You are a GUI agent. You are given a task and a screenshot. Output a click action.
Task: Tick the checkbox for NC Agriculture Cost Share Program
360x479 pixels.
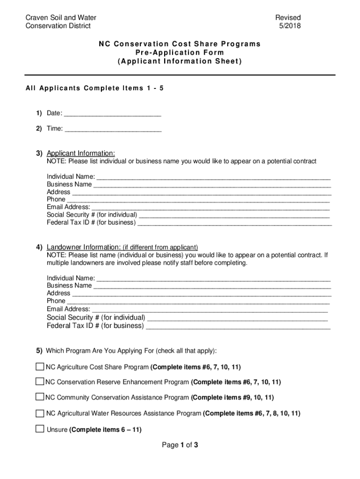(x=40, y=366)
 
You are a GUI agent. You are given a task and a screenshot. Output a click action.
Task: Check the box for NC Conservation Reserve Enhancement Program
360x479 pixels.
(x=40, y=382)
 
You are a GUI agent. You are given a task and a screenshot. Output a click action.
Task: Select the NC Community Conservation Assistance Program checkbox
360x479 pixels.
(x=40, y=397)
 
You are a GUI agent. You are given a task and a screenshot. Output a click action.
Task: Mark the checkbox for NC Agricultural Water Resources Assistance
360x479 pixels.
(x=40, y=413)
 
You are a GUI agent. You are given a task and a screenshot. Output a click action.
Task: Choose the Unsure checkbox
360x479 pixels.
(x=40, y=429)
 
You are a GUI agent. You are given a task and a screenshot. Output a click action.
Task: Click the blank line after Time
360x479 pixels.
(x=113, y=129)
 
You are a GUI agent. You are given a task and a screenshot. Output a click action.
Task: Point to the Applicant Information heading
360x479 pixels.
(x=80, y=153)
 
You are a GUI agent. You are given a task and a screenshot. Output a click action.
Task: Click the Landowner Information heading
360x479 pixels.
(x=84, y=247)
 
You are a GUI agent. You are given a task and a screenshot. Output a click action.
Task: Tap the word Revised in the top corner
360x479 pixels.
(x=288, y=18)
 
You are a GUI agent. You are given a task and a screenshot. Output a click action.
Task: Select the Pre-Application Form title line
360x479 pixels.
(x=180, y=52)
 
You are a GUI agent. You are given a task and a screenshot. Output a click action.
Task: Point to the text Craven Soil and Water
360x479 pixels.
(x=61, y=18)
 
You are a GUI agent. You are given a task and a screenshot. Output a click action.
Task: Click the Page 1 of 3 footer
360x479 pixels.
(x=180, y=445)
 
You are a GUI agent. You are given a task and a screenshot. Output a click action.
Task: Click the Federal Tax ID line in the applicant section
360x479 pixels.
(x=234, y=223)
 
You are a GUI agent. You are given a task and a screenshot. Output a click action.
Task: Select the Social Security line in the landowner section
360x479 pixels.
(x=237, y=318)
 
